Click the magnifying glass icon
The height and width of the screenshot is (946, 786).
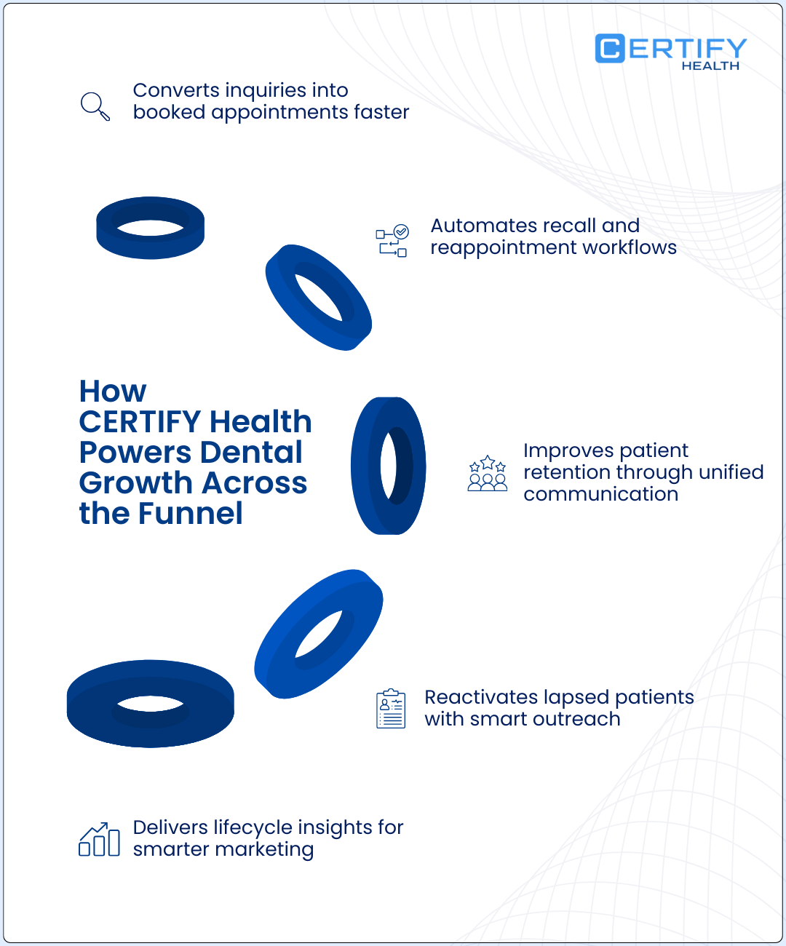point(95,106)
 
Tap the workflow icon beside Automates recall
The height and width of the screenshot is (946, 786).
point(392,241)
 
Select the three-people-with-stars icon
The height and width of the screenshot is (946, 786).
point(487,473)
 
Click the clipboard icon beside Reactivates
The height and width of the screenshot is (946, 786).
point(391,708)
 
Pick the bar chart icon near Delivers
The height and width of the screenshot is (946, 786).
point(99,840)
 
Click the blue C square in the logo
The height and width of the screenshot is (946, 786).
point(610,49)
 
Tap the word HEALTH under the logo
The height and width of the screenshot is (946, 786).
point(710,65)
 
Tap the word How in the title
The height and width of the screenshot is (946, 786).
point(113,391)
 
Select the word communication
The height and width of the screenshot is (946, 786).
point(600,494)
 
